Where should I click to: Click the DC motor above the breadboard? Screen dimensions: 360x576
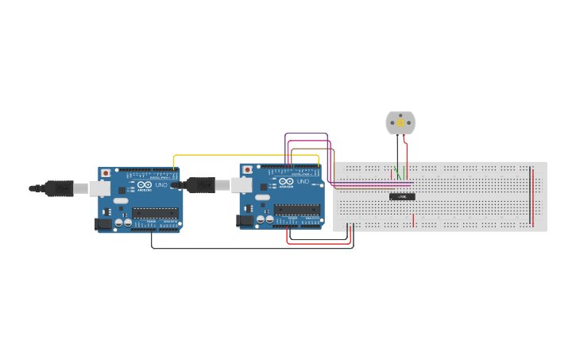click(400, 122)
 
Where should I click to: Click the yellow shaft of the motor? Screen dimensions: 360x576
click(400, 123)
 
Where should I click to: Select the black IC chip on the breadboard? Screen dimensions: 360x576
click(402, 196)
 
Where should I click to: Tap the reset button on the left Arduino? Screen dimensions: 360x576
click(106, 173)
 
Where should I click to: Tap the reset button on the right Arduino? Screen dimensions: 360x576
click(248, 170)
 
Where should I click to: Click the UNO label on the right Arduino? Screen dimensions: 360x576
click(303, 182)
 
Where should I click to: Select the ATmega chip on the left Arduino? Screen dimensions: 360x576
click(155, 213)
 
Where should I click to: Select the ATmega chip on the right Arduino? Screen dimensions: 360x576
click(297, 210)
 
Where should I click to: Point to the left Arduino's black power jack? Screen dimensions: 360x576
click(103, 224)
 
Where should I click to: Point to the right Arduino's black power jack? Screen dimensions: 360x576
click(245, 221)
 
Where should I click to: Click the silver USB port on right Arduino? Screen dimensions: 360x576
click(242, 185)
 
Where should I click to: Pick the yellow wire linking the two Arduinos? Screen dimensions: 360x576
click(238, 155)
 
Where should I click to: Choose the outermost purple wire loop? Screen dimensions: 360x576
click(306, 134)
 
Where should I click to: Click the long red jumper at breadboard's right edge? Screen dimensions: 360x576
click(532, 195)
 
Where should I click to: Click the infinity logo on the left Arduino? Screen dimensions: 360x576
click(144, 185)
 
